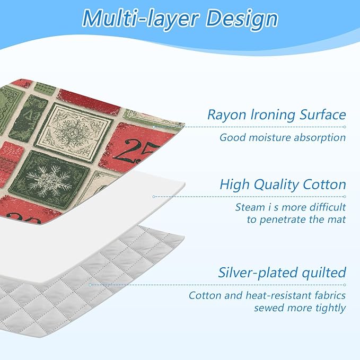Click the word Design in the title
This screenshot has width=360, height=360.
[243, 19]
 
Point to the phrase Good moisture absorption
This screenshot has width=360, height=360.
[283, 138]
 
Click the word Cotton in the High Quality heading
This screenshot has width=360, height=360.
[324, 185]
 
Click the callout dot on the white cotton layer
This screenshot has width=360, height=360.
[154, 197]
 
